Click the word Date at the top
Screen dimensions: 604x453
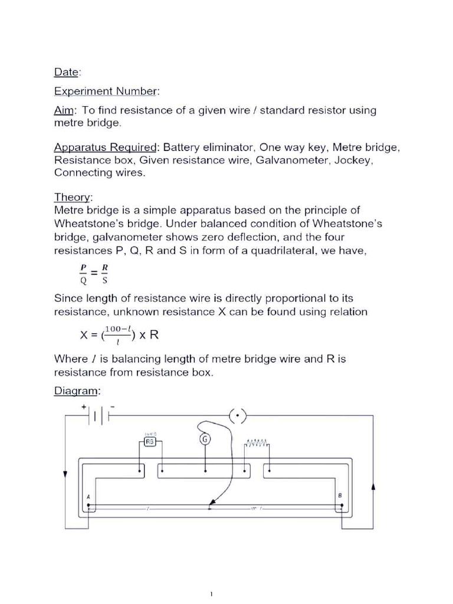65,72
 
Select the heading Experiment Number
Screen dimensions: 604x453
106,91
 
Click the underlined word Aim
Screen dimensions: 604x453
64,110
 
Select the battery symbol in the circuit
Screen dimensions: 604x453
98,416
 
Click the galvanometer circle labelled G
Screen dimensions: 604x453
205,439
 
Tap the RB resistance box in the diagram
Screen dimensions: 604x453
150,441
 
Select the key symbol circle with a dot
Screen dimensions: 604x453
237,416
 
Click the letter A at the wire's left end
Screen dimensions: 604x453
88,497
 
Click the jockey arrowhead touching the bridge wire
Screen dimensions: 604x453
210,505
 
